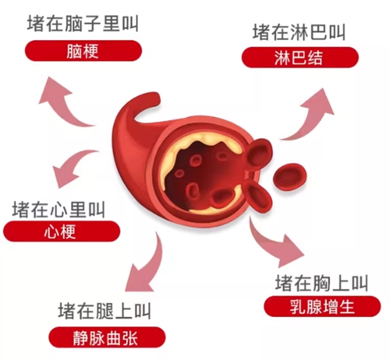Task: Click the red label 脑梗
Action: (x=83, y=52)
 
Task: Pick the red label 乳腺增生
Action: (x=322, y=307)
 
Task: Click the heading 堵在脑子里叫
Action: (x=83, y=25)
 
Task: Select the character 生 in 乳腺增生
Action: (x=347, y=307)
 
